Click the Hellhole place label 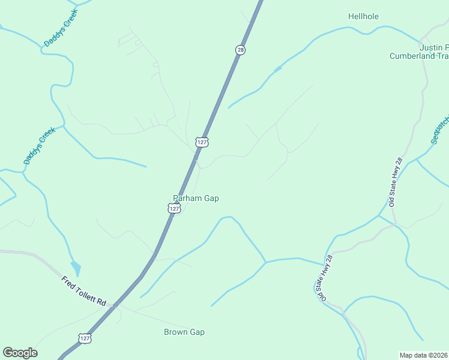point(363,17)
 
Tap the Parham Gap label point(196,199)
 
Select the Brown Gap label point(184,332)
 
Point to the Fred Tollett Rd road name point(83,291)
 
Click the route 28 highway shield point(240,50)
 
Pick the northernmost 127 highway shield point(202,142)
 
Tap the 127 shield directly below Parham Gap point(173,208)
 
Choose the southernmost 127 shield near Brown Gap point(86,338)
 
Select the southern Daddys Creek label point(39,145)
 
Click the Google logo point(20,353)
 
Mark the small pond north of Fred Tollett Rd point(75,268)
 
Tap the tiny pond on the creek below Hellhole point(277,70)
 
